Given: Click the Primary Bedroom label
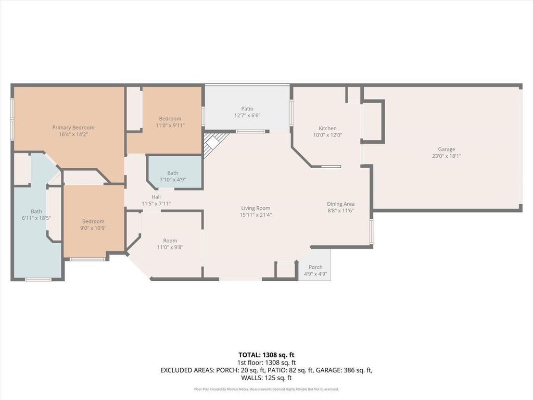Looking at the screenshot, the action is tap(73, 128).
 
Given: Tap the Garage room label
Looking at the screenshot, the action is tap(446, 149).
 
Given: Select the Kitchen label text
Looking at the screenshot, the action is tap(328, 128).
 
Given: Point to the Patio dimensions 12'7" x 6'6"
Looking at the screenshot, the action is tap(247, 115).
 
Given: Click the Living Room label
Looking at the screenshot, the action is tap(256, 208).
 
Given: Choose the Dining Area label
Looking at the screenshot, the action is tap(340, 204).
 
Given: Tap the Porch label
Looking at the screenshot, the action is tap(315, 267).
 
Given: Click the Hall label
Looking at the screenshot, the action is tap(156, 197).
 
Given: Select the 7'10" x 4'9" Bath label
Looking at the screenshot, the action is tap(173, 176).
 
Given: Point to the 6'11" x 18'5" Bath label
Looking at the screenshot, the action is tap(36, 215).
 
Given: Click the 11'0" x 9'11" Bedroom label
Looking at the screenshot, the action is tap(170, 122).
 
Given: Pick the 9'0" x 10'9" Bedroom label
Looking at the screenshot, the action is tap(93, 224).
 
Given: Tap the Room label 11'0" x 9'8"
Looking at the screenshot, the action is tap(170, 244).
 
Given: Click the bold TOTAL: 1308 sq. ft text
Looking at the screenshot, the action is tap(266, 355).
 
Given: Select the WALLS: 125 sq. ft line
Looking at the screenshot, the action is tap(266, 378).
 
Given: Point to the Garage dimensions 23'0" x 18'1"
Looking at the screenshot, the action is tap(446, 156).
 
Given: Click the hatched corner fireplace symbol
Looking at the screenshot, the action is tap(213, 143).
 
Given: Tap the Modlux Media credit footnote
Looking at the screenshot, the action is tap(266, 389).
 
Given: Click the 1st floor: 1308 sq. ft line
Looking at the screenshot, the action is tap(266, 362).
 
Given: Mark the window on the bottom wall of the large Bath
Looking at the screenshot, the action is tap(38, 280).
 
